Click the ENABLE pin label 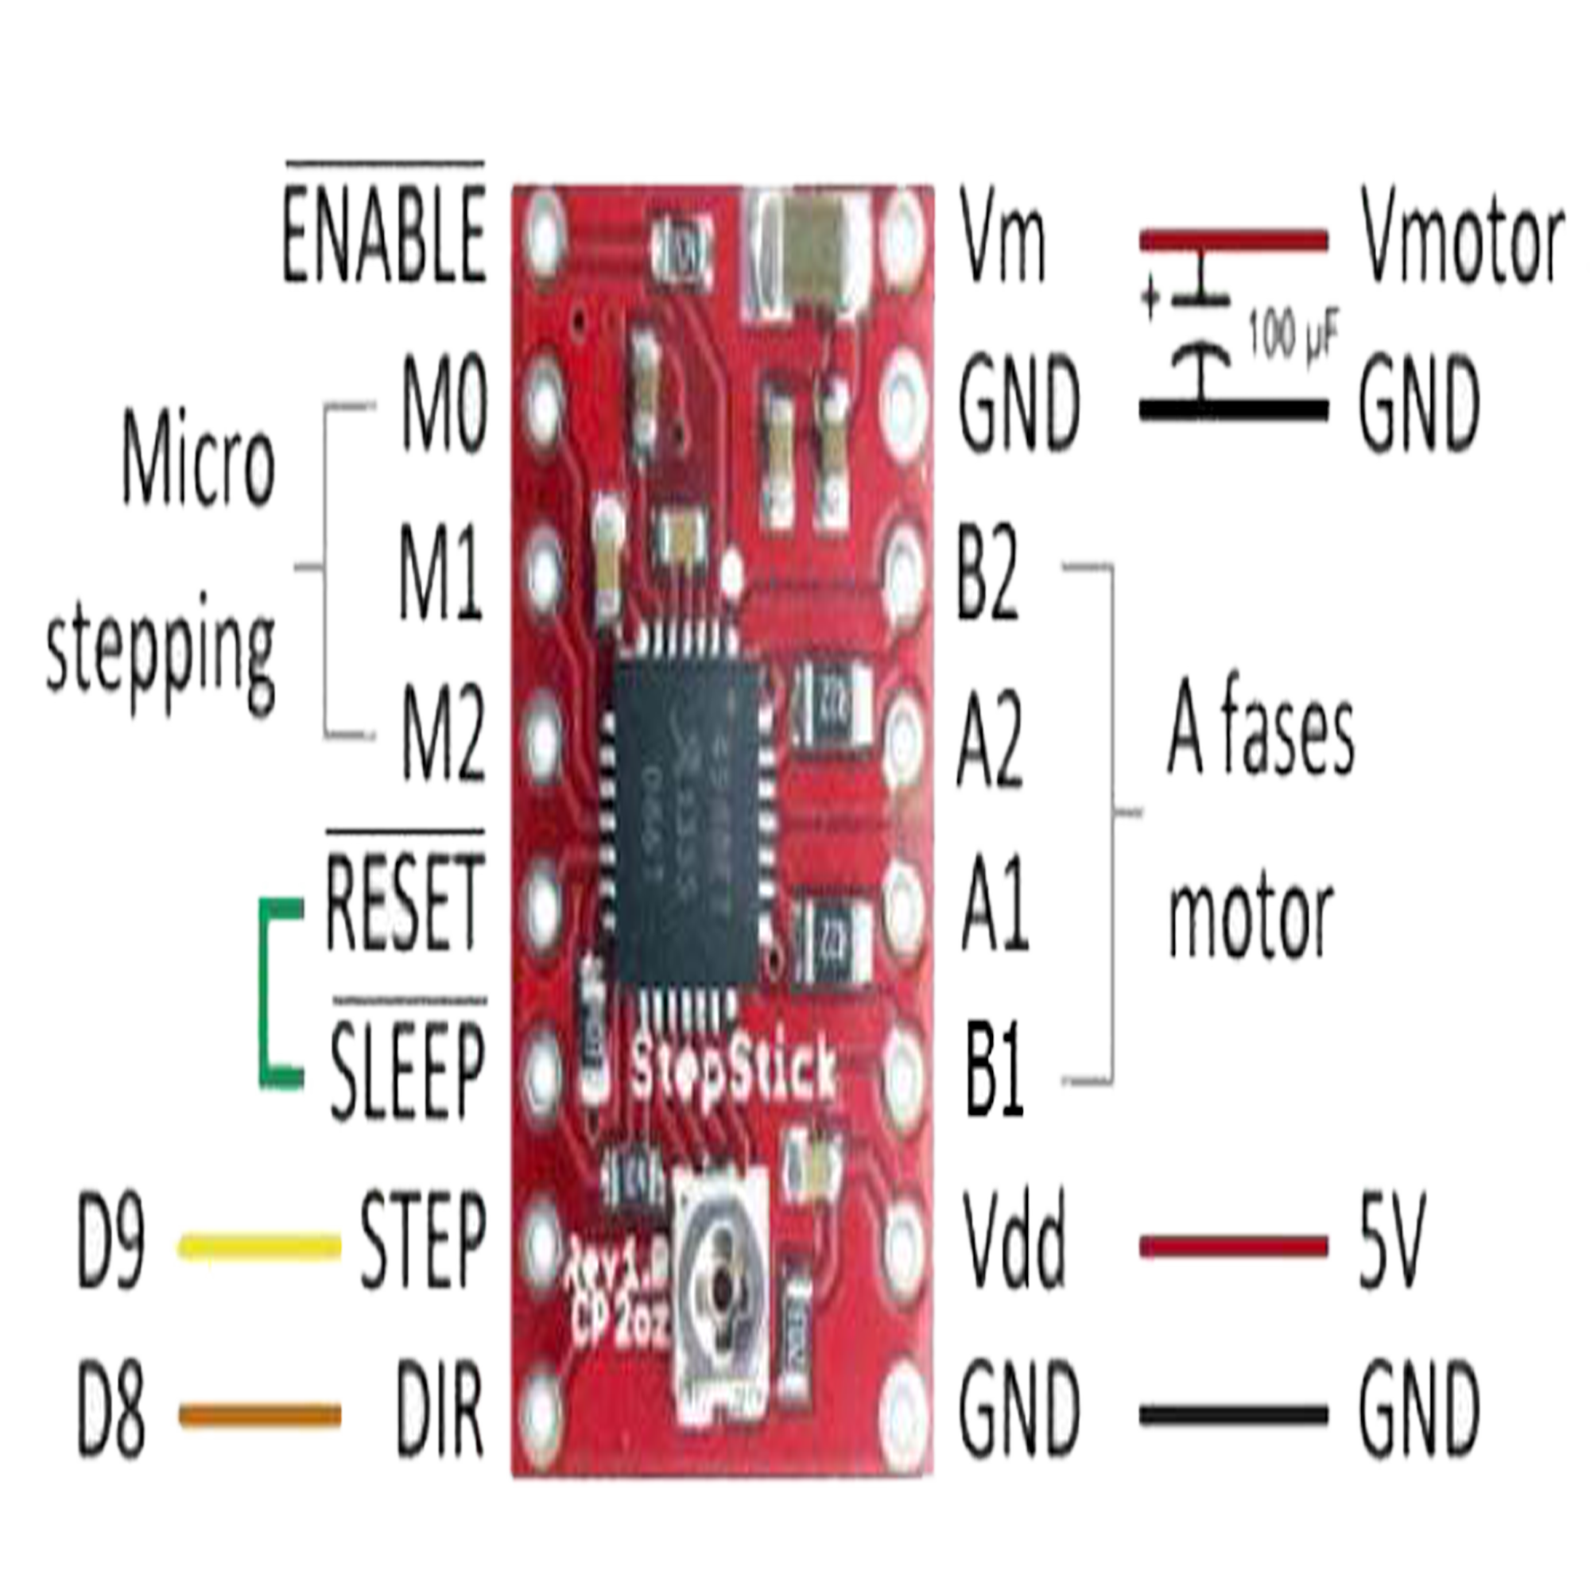pyautogui.click(x=384, y=234)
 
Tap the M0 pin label pyautogui.click(x=444, y=405)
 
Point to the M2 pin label pyautogui.click(x=443, y=737)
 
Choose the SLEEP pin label pyautogui.click(x=408, y=1070)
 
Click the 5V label pyautogui.click(x=1390, y=1239)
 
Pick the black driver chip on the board pyautogui.click(x=686, y=822)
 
